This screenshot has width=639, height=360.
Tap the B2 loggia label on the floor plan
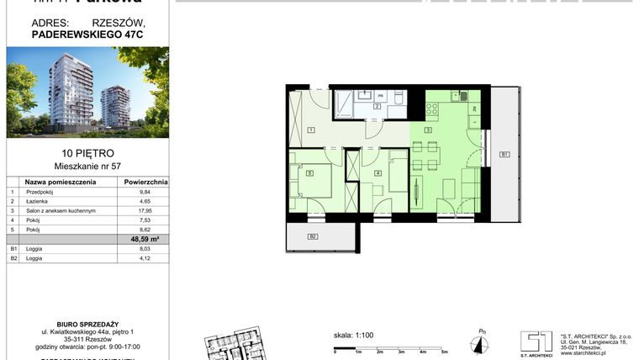[x=313, y=237]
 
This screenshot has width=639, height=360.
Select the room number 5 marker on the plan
[x=310, y=173]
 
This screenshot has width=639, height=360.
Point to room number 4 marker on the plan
[x=378, y=173]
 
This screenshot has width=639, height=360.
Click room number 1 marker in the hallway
[x=310, y=130]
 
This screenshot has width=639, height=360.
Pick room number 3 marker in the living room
[x=428, y=130]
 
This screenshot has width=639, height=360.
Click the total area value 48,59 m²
[x=145, y=239]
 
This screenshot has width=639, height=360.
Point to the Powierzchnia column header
[x=145, y=181]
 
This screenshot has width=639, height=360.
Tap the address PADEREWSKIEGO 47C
[x=66, y=35]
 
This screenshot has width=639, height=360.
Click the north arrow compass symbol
[x=479, y=341]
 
